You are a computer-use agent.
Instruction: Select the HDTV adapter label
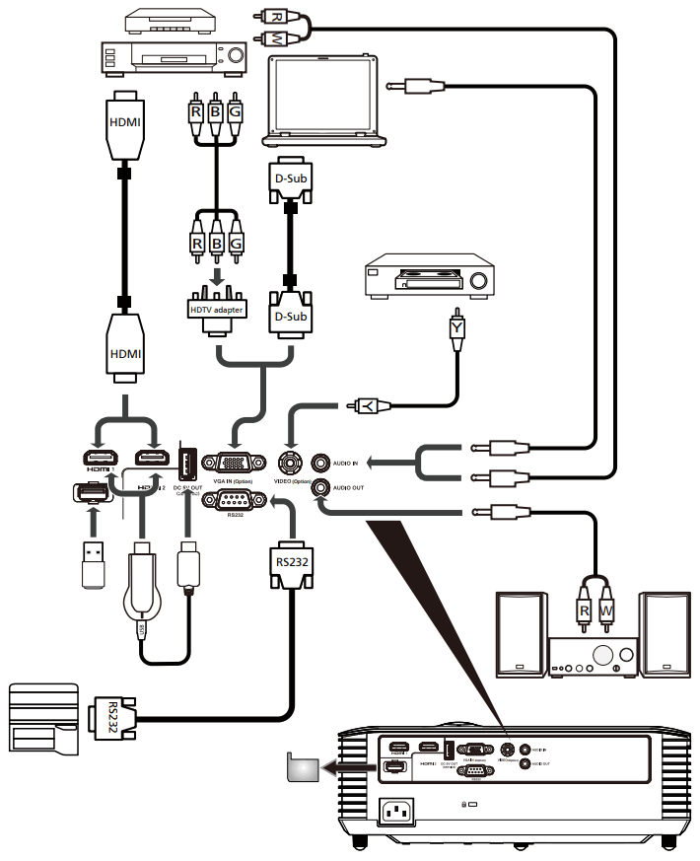point(216,310)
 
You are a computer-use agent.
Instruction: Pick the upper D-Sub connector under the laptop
point(290,179)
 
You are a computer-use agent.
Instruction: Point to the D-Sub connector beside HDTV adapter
point(290,317)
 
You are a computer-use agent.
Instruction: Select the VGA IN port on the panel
point(232,461)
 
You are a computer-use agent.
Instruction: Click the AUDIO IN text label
point(350,461)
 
